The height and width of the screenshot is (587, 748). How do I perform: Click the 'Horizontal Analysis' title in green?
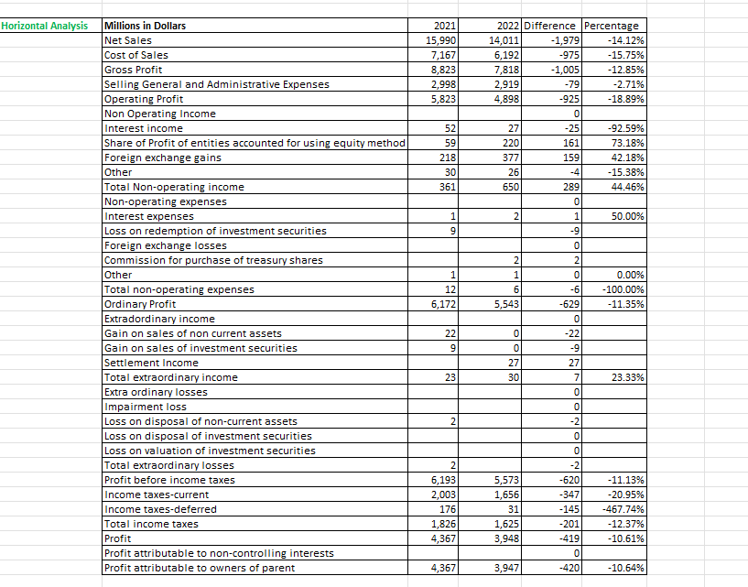tap(45, 26)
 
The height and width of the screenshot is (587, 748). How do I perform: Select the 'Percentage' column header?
tap(611, 26)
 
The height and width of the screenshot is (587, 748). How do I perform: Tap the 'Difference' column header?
tap(550, 26)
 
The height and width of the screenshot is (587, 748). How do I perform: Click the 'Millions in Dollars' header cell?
tap(146, 26)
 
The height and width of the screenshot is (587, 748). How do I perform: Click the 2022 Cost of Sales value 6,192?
tap(504, 55)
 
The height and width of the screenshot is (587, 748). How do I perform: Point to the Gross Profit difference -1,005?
tap(559, 70)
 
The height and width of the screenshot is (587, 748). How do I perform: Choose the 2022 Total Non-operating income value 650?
tap(509, 187)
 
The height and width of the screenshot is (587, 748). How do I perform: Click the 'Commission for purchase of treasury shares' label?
tap(213, 260)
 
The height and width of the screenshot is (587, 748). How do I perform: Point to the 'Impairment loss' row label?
tap(146, 407)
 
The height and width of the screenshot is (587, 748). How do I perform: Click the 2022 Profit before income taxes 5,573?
tap(504, 480)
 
